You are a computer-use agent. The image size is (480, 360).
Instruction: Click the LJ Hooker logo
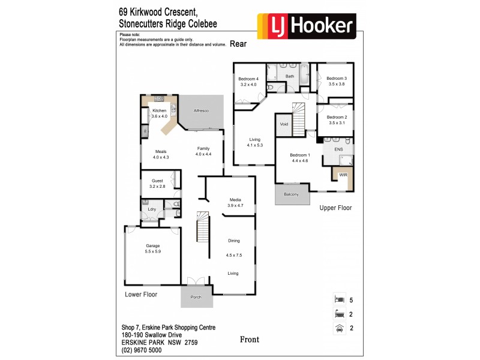coord(306,26)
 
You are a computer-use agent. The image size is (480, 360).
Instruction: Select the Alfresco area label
coord(201,111)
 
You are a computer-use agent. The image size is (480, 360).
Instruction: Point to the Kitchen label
coord(159,111)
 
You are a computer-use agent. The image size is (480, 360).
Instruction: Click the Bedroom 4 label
coord(248,79)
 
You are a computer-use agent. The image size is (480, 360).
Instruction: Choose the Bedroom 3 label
coord(337,79)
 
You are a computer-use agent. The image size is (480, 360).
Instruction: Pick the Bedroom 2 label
coord(337,117)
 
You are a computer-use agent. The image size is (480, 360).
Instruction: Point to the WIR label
coord(343,175)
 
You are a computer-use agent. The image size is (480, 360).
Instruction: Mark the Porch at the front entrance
coord(196,297)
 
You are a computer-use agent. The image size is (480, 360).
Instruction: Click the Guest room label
coord(157,181)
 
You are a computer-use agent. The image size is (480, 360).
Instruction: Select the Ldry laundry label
coord(152,209)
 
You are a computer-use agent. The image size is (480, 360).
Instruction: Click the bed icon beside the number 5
coord(338,298)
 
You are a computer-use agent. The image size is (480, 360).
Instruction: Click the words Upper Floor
coord(335,208)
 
